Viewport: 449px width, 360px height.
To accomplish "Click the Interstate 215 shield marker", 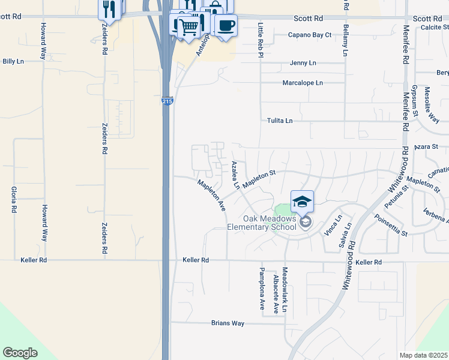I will (x=167, y=103).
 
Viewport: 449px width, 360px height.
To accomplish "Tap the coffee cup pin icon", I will (x=226, y=26).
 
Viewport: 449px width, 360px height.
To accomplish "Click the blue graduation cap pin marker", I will (x=302, y=202).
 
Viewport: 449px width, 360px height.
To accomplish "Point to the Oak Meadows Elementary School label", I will (x=270, y=223).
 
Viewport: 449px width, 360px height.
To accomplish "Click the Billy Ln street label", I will (x=13, y=61).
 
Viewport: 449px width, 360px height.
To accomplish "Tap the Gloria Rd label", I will (x=13, y=200).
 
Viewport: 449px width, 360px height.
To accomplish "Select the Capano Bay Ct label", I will (x=310, y=35).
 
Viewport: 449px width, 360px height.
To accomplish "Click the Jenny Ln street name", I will (x=303, y=63).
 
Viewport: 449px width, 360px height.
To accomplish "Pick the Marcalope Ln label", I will (x=303, y=83).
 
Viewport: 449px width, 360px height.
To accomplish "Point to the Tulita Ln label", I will (x=280, y=121).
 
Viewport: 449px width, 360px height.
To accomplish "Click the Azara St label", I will (x=427, y=146).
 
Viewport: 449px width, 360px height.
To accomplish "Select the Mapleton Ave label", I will (x=211, y=196).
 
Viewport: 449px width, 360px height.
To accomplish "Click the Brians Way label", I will (x=228, y=323).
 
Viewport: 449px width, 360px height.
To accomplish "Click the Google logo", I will (x=20, y=353).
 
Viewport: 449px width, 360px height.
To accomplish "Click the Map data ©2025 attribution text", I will (x=423, y=355).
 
